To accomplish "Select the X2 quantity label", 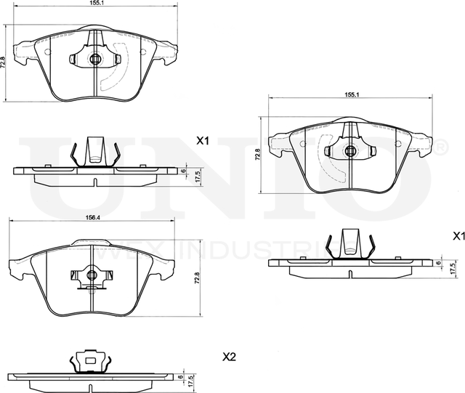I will [230, 357].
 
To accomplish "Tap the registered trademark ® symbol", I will [440, 148].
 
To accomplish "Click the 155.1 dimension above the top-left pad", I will [96, 4].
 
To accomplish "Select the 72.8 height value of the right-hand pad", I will [257, 154].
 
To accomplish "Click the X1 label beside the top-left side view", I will [203, 142].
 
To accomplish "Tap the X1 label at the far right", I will [458, 235].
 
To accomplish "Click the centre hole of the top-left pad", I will [96, 59].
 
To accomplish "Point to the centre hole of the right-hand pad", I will [350, 151].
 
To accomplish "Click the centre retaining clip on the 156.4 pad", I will [91, 275].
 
